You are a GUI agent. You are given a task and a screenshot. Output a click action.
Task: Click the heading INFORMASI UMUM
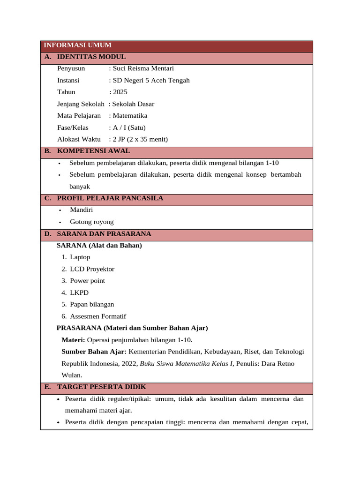(77, 45)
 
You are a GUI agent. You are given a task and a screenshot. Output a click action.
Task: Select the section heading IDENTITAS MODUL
(91, 57)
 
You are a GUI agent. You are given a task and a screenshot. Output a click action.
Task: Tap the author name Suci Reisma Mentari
(143, 68)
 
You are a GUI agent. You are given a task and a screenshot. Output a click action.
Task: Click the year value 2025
(120, 92)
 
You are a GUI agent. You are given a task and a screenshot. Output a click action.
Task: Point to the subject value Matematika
(130, 116)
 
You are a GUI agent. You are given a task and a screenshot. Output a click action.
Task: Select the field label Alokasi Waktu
(79, 139)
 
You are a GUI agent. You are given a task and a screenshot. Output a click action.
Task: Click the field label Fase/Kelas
(73, 127)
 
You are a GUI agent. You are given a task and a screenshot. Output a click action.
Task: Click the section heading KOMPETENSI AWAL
(93, 151)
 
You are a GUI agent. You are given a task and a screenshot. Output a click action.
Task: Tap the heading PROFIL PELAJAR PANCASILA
(110, 198)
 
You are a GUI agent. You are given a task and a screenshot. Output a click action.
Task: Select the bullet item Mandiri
(82, 210)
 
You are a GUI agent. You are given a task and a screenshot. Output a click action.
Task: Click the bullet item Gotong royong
(91, 222)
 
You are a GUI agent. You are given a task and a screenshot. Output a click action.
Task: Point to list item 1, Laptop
(80, 257)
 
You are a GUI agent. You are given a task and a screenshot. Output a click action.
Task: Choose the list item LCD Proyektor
(92, 269)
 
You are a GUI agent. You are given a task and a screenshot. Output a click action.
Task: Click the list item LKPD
(79, 292)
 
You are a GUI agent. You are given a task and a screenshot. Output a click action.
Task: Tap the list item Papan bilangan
(92, 304)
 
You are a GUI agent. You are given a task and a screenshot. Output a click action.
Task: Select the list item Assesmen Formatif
(97, 316)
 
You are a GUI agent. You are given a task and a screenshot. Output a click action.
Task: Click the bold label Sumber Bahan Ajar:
(94, 352)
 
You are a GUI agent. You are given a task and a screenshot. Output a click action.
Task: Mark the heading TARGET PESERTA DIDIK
(101, 387)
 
